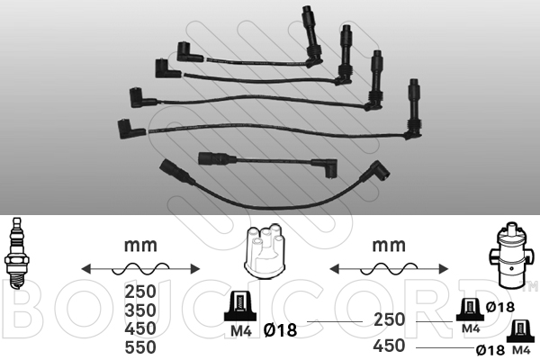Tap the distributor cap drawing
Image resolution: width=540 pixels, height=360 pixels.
click(x=265, y=251)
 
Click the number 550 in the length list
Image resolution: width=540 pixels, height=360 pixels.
click(x=140, y=347)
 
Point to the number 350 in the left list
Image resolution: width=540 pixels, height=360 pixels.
click(x=140, y=310)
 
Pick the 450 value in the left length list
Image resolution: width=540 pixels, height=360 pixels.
click(x=140, y=328)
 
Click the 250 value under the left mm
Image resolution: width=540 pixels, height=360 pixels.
click(x=140, y=292)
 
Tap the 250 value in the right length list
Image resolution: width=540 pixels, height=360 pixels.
click(x=389, y=319)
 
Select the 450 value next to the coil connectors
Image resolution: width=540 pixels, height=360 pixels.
click(x=389, y=346)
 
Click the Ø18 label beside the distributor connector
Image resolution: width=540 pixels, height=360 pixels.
click(x=280, y=330)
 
